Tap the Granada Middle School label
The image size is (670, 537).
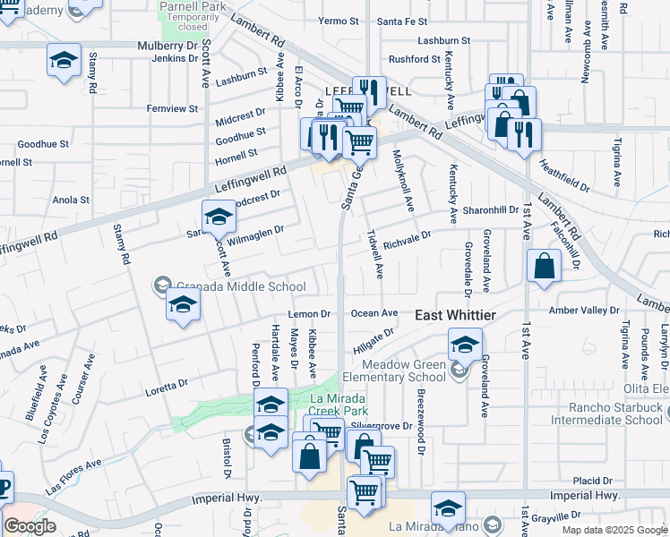point(240,286)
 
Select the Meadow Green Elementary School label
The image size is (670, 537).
point(404,371)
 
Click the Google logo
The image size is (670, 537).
point(30,526)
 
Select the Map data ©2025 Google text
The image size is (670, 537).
point(614,530)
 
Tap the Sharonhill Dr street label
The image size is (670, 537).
point(491,209)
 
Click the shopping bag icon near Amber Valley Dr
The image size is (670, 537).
point(544,267)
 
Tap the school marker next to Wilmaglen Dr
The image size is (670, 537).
point(219,217)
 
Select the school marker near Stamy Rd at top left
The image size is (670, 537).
point(64,60)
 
